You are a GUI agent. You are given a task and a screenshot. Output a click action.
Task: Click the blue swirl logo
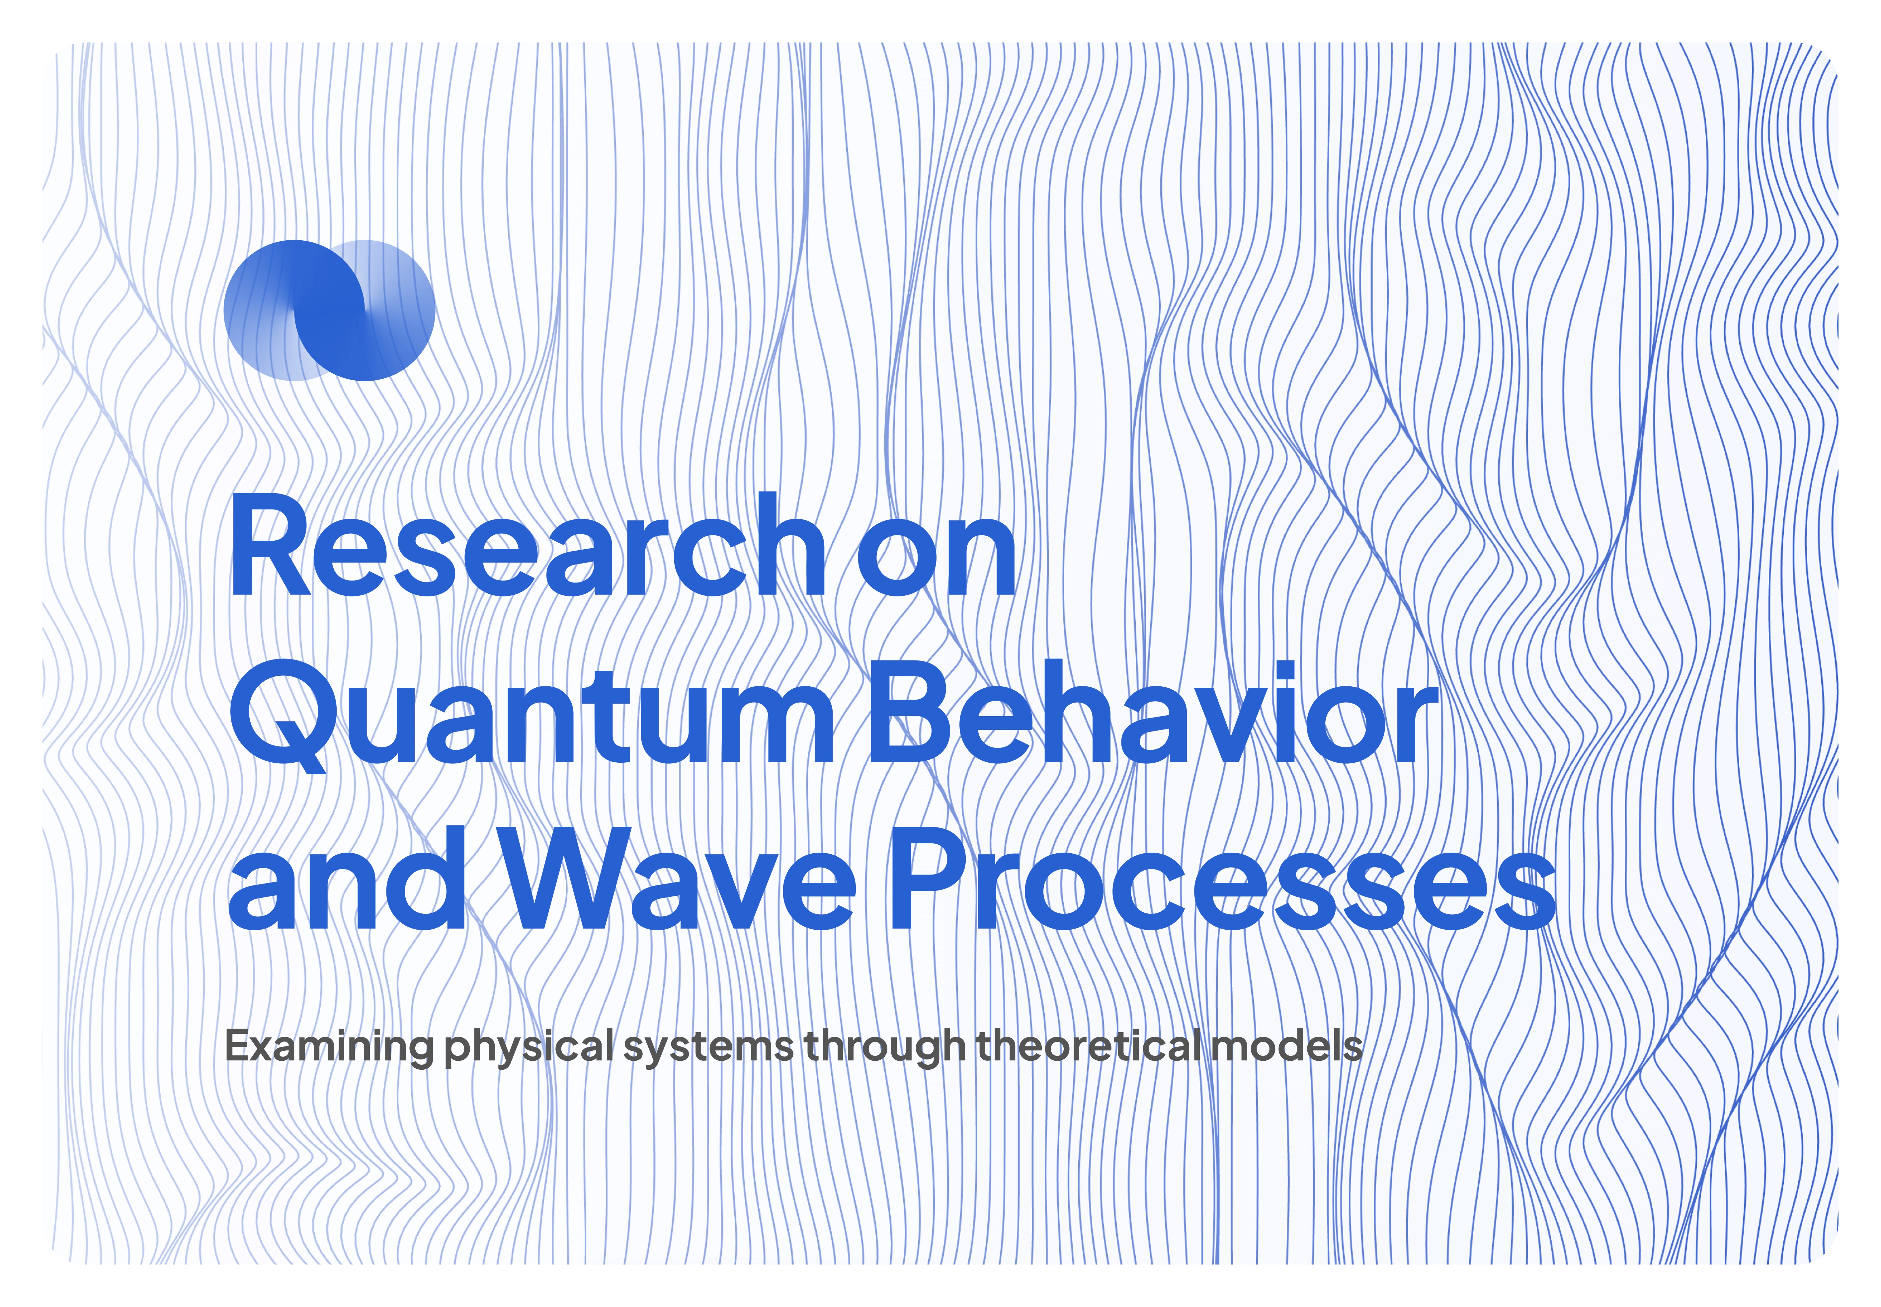point(329,310)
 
